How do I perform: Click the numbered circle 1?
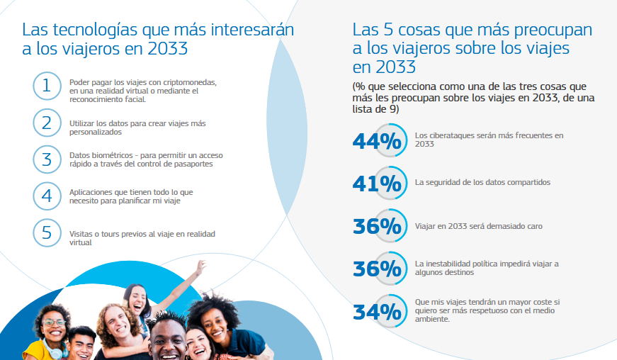[47, 86]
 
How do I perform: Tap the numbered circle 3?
[47, 159]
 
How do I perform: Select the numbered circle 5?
[47, 233]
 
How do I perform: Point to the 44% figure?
[377, 141]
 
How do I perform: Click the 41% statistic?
[377, 184]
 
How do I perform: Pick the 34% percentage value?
[377, 312]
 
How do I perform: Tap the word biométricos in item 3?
[113, 155]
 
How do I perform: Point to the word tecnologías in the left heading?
[95, 30]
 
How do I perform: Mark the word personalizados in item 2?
[96, 133]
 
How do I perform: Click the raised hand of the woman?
[200, 267]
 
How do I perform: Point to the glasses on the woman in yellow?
[54, 322]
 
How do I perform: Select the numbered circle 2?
[47, 123]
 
